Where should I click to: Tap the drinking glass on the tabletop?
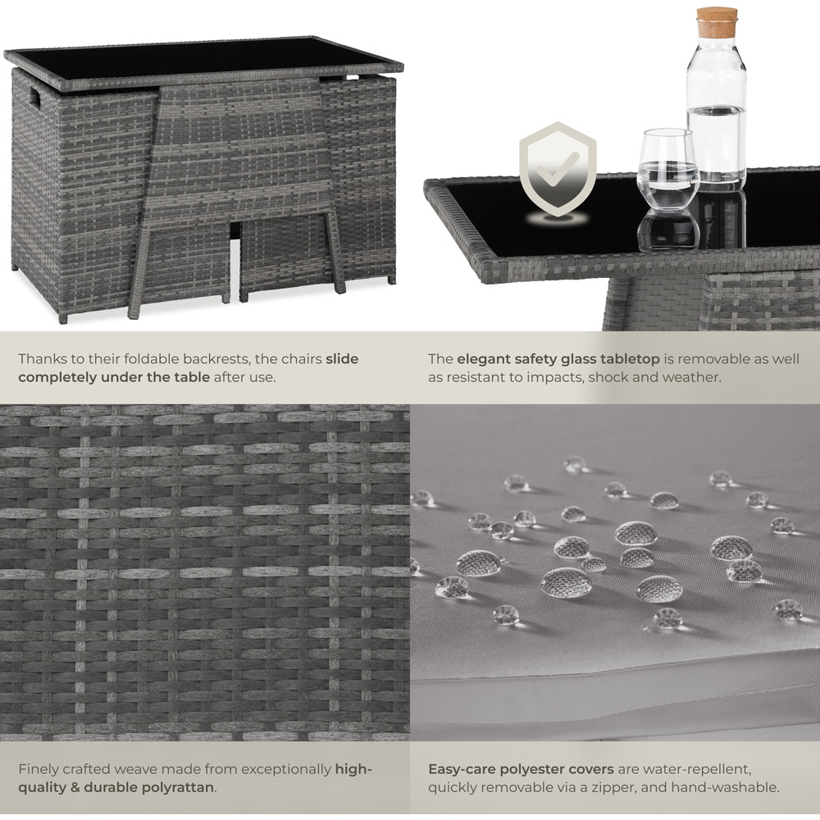coord(667,170)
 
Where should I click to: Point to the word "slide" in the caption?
coord(342,359)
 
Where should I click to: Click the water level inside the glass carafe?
coord(717,109)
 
